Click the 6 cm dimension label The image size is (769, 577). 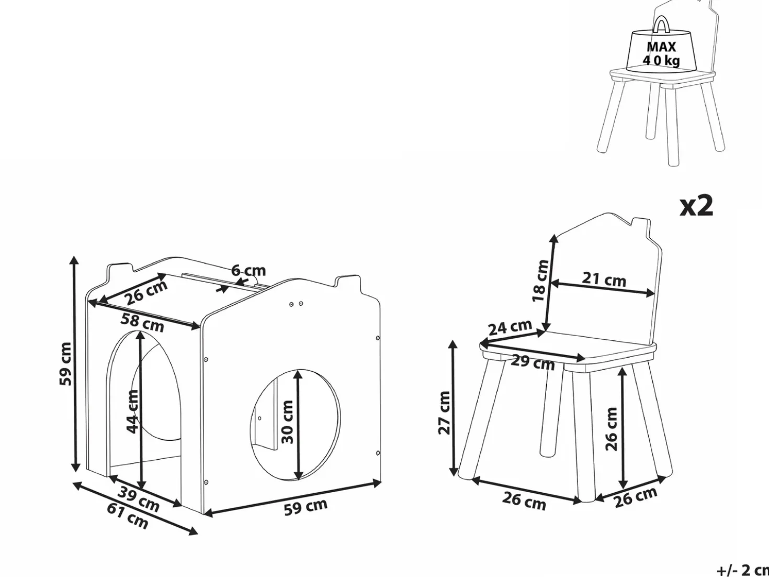(x=248, y=270)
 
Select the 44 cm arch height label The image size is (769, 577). (x=133, y=412)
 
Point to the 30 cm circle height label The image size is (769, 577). (x=287, y=422)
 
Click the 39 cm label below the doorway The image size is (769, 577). (x=139, y=499)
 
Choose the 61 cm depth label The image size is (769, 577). (x=128, y=516)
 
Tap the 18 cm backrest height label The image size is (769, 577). (x=539, y=281)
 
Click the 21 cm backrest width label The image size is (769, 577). (x=604, y=280)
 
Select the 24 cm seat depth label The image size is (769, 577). (x=510, y=327)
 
